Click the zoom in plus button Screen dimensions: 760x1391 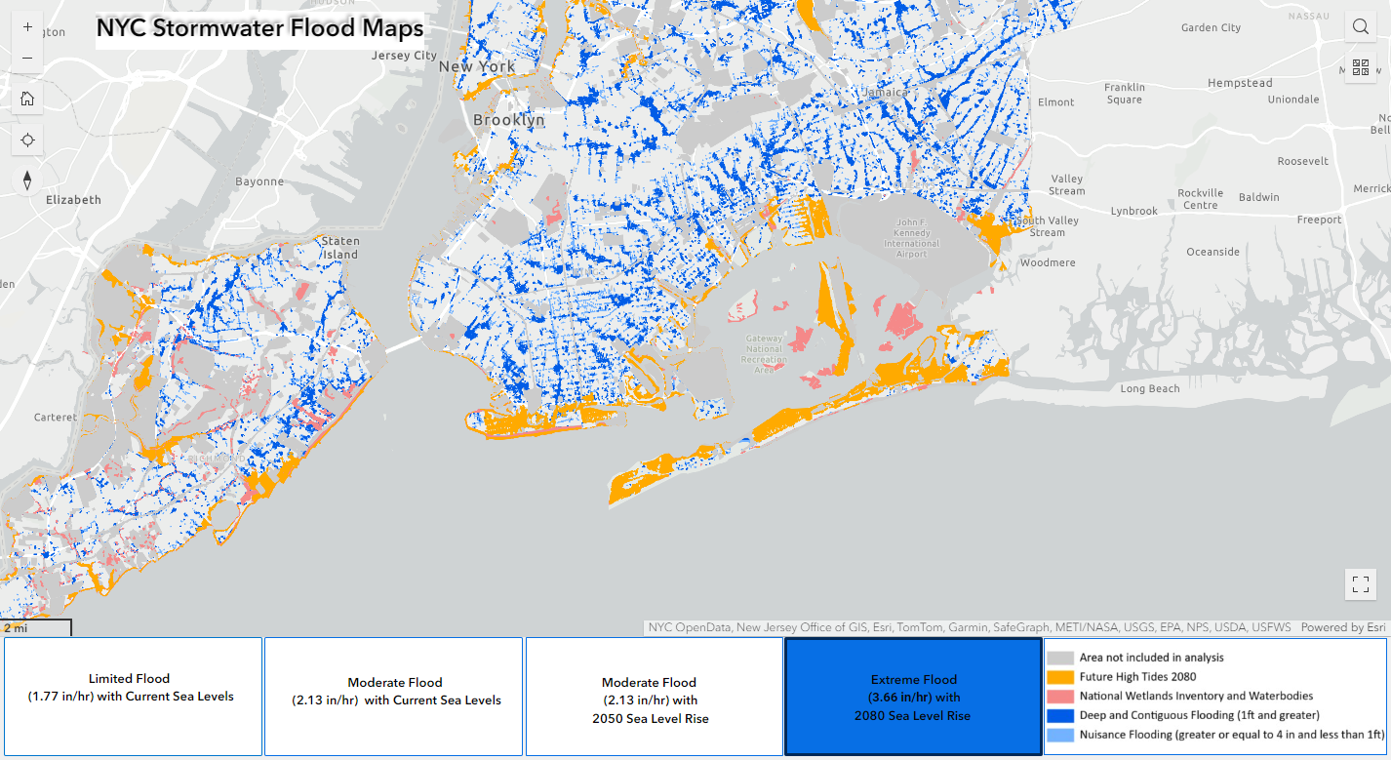(x=27, y=27)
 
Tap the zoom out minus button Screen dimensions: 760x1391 (x=27, y=59)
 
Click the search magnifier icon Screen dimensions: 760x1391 (x=1360, y=27)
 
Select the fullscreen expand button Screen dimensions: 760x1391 (x=1360, y=584)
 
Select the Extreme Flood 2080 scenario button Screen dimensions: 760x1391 (x=913, y=697)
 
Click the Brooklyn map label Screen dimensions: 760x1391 (x=508, y=120)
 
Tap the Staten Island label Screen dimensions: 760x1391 (x=339, y=248)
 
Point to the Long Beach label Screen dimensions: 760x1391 (x=1149, y=389)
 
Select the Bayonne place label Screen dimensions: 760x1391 (x=259, y=181)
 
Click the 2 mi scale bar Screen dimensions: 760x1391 (x=36, y=627)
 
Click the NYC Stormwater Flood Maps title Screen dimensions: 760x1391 (x=259, y=28)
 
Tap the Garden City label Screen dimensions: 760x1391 (x=1211, y=28)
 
